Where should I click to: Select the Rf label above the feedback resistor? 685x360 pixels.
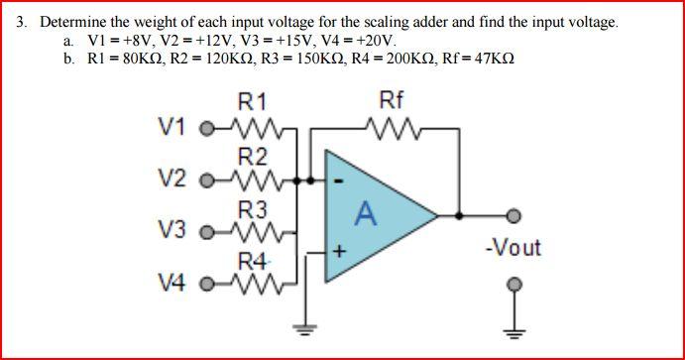tap(392, 100)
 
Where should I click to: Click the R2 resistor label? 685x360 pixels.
tap(253, 156)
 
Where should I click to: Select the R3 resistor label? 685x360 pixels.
tap(253, 209)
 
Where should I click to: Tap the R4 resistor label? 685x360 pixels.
tap(254, 262)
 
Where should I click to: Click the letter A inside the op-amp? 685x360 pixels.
tap(367, 212)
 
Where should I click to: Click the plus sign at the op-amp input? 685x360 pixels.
tap(338, 253)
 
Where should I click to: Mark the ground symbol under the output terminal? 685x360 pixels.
tap(513, 330)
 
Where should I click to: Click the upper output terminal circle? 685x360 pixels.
tap(513, 214)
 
